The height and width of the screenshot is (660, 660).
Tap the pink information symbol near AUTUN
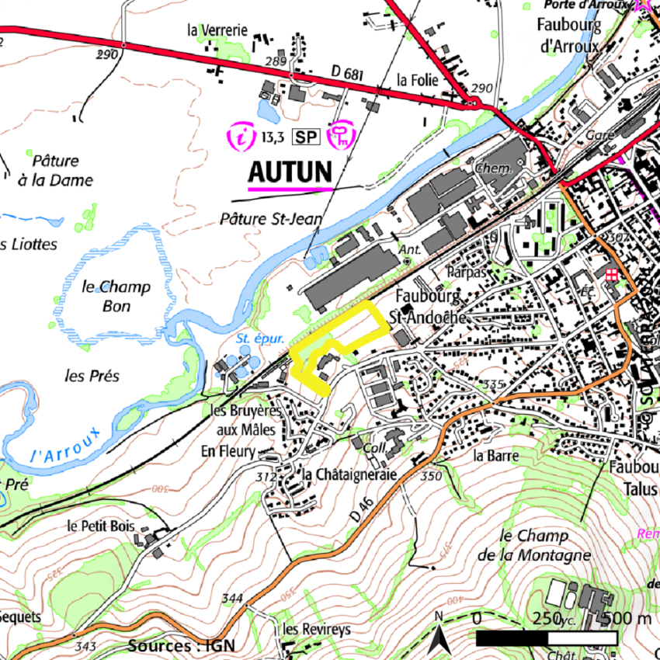pos(244,137)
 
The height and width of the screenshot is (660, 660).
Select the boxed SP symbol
pos(305,138)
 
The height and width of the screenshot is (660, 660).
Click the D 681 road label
pos(347,73)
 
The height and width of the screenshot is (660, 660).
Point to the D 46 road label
pos(363,511)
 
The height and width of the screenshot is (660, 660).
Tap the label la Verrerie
pos(217,30)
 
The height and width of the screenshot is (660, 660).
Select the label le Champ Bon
pos(116,296)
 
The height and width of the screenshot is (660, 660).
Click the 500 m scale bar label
pos(626,619)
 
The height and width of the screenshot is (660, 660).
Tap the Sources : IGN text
pos(180,645)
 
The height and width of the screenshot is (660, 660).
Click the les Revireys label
pos(317,629)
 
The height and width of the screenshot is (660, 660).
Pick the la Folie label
pos(418,80)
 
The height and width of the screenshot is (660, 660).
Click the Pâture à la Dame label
pos(56,171)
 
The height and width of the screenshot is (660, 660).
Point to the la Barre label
pos(495,456)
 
